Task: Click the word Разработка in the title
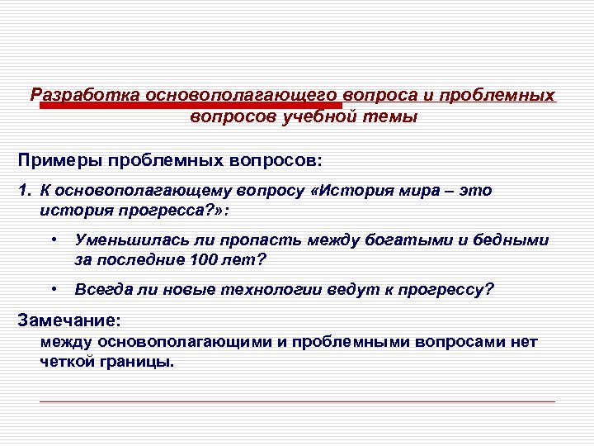(x=83, y=95)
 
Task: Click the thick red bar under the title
(x=191, y=106)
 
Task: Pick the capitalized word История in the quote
(x=358, y=191)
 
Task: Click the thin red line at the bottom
(x=297, y=401)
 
